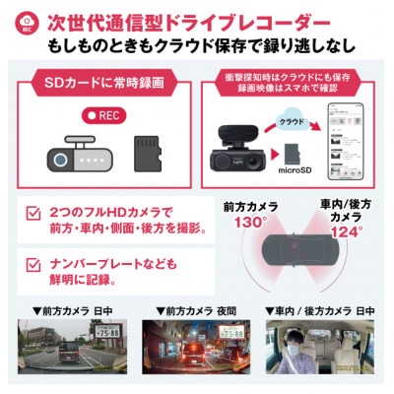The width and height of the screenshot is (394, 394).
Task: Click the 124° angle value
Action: tap(342, 232)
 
